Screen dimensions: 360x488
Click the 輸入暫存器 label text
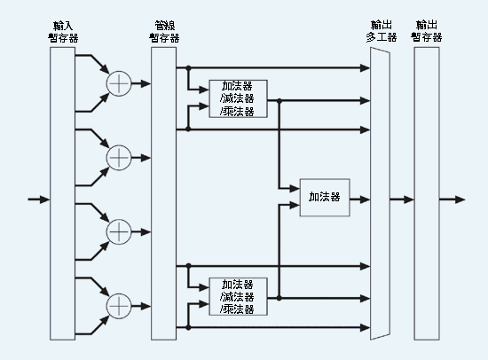click(x=62, y=31)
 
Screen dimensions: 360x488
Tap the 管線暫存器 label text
click(x=163, y=31)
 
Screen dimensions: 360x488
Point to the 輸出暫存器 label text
click(x=426, y=31)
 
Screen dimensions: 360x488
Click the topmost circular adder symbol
click(x=119, y=83)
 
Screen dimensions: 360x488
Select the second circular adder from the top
click(x=119, y=157)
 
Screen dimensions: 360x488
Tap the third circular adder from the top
click(x=119, y=231)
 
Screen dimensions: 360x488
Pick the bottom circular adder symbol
click(x=119, y=304)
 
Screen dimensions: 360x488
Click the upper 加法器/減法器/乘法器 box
click(x=238, y=99)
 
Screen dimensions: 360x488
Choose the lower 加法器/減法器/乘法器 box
click(x=238, y=297)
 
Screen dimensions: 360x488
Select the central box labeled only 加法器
click(x=324, y=198)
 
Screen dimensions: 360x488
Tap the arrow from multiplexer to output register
click(x=401, y=199)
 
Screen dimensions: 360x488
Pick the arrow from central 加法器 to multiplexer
click(x=359, y=199)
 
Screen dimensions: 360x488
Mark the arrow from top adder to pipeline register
click(x=141, y=83)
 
